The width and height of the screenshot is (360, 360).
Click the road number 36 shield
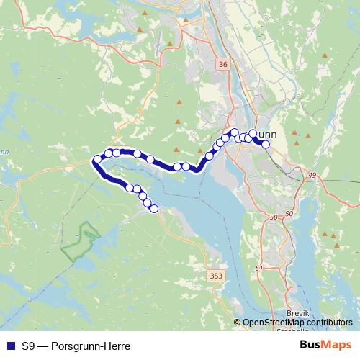222,65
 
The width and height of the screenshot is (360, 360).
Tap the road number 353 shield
215,276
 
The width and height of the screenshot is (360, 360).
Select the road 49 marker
312,176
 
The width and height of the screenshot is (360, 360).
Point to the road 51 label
260,268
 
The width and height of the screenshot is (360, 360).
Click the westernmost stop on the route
97,160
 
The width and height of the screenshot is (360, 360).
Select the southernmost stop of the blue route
153,209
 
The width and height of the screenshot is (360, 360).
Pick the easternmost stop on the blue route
266,144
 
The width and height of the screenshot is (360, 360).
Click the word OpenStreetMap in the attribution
276,323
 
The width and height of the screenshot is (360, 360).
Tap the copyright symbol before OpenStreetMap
238,323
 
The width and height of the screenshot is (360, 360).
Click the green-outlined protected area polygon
80,242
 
